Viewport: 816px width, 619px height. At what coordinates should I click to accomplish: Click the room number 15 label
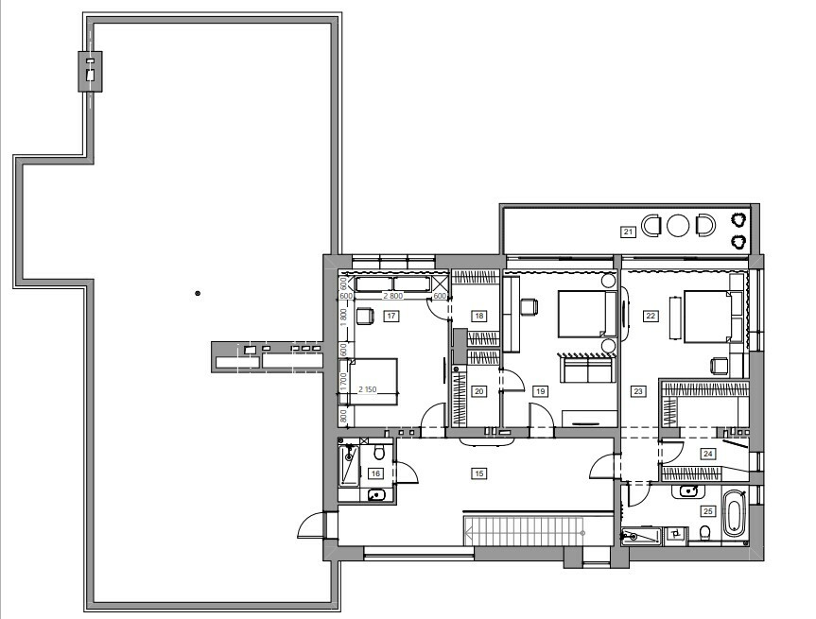(x=478, y=473)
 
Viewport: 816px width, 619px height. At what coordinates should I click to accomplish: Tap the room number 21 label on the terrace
(x=628, y=232)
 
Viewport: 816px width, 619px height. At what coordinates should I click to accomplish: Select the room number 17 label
(x=391, y=316)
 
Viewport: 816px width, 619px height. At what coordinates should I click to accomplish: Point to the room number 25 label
(x=708, y=511)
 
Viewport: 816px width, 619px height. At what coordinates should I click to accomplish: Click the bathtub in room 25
(x=735, y=514)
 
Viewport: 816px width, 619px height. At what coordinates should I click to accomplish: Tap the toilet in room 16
(x=379, y=452)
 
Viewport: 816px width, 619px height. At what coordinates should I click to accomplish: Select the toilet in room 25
(x=705, y=533)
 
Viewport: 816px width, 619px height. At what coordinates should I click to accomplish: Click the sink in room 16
(x=376, y=495)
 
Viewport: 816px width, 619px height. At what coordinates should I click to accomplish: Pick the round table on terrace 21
(x=678, y=225)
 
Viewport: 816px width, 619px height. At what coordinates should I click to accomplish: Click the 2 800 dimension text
(x=393, y=296)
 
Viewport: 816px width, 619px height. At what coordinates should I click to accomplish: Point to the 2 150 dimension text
(x=367, y=389)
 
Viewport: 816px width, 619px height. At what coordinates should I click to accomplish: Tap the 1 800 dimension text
(x=343, y=318)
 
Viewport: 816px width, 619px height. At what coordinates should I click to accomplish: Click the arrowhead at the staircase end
(x=469, y=533)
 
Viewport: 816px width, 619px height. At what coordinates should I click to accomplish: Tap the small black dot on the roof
(x=198, y=293)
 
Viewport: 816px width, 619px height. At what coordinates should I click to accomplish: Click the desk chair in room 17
(x=365, y=316)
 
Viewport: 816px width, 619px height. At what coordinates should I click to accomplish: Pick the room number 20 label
(x=478, y=391)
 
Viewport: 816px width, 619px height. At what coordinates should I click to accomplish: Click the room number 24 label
(x=708, y=454)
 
